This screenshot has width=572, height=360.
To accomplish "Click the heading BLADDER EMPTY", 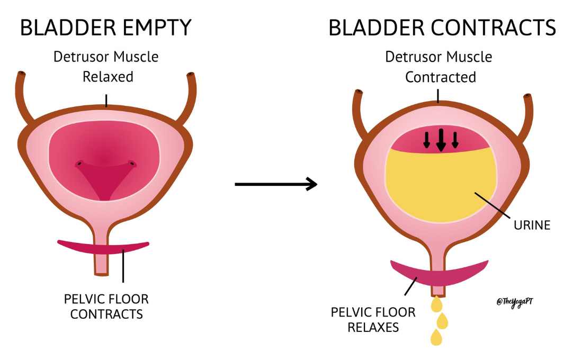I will pyautogui.click(x=105, y=28).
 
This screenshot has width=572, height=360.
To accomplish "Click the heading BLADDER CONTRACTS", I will pyautogui.click(x=442, y=28).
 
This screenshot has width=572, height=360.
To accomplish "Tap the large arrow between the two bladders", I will pyautogui.click(x=275, y=184).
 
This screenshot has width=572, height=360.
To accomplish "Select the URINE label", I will pyautogui.click(x=532, y=225).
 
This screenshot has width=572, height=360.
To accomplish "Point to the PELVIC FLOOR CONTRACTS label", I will pyautogui.click(x=106, y=307).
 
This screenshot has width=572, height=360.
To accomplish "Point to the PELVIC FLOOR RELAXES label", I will pyautogui.click(x=373, y=319).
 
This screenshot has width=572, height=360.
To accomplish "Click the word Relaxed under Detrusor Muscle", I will pyautogui.click(x=108, y=77).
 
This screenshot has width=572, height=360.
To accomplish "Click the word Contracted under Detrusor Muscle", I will pyautogui.click(x=441, y=77).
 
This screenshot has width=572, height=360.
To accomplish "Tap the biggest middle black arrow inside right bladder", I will pyautogui.click(x=441, y=140).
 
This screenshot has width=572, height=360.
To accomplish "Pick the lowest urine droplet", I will pyautogui.click(x=436, y=337).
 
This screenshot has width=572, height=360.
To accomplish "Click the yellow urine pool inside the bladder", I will pyautogui.click(x=440, y=185).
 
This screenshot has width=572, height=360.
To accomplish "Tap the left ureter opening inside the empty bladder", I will pyautogui.click(x=79, y=164).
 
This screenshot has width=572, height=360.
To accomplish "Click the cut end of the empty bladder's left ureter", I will pyautogui.click(x=22, y=74).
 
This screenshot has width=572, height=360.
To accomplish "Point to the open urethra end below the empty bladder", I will pyautogui.click(x=101, y=273).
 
